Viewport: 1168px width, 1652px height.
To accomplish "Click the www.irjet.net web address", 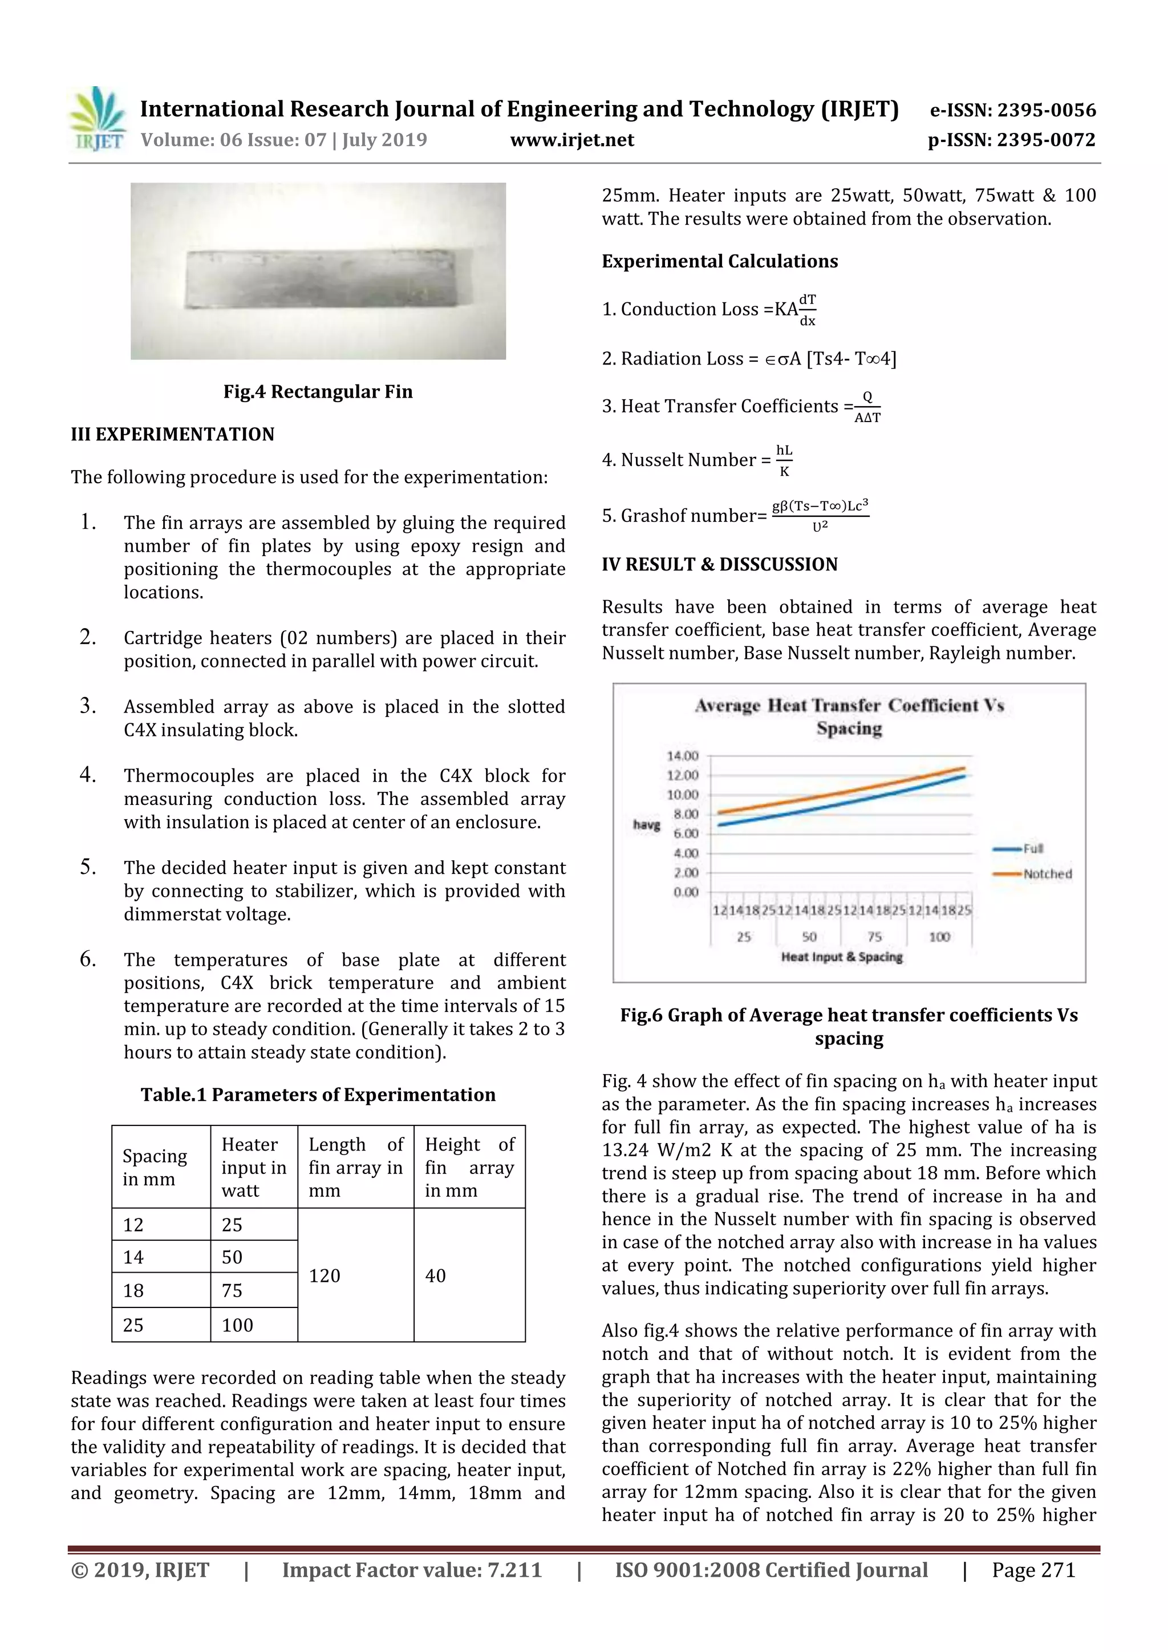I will pos(572,140).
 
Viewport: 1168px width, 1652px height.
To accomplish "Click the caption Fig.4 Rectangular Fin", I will pos(318,392).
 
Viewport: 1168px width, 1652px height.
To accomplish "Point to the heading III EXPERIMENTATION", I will pos(173,435).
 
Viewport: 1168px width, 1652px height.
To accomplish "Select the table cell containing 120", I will pos(325,1275).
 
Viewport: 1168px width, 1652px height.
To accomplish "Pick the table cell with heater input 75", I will pos(232,1290).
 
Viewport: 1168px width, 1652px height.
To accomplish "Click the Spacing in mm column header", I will pos(155,1167).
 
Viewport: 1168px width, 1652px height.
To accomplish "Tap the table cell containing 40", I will pos(436,1275).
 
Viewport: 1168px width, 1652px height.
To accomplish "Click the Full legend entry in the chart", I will pos(1033,849).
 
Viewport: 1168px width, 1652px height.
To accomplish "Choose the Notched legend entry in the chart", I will pos(1047,874).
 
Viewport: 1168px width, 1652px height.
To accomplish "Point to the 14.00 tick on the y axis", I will pos(682,755).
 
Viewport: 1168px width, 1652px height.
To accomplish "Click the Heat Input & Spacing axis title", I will pos(841,957).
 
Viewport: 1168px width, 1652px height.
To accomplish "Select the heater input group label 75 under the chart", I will pos(874,937).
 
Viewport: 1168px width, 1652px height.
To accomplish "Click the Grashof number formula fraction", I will pos(820,515).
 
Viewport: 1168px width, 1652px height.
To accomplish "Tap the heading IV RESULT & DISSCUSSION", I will pos(719,565).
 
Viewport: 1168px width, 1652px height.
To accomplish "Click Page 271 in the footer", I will pos(1033,1570).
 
